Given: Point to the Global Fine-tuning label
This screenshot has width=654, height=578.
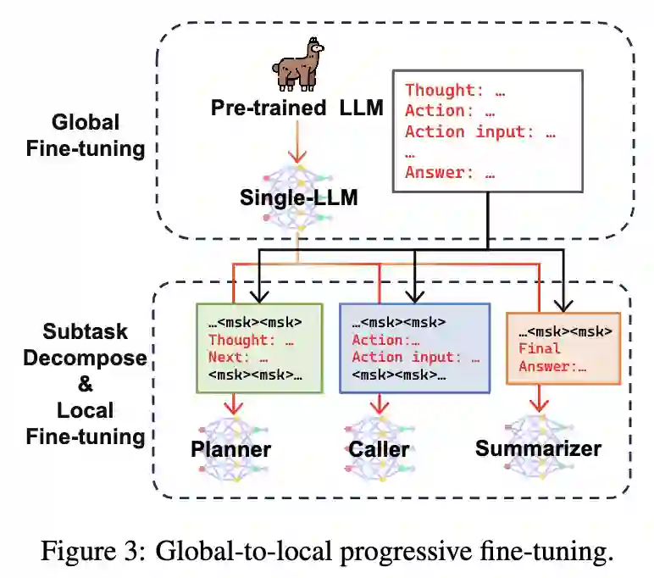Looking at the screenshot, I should tap(98, 135).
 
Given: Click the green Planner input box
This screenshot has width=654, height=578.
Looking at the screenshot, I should tap(258, 347).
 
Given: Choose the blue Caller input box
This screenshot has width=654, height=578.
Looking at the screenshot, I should tap(414, 347).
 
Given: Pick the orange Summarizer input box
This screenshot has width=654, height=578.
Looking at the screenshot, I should tap(557, 347).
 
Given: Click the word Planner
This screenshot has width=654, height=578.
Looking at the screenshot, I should tap(230, 448).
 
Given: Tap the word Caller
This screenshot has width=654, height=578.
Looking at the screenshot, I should tap(378, 448).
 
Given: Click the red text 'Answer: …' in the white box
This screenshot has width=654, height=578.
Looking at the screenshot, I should tap(450, 173).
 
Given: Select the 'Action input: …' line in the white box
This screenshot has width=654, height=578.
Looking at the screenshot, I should tap(480, 131).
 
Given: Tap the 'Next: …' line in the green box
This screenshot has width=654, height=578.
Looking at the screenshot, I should tap(241, 358).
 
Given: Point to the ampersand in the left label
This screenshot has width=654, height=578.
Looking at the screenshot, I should tap(86, 384).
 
